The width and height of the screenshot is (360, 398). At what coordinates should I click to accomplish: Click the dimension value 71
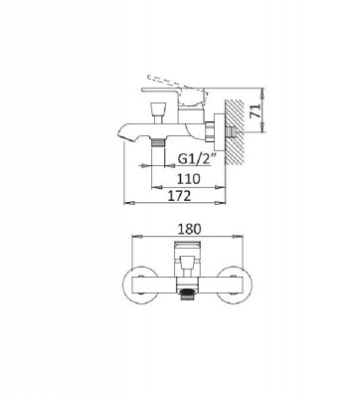pyautogui.click(x=256, y=110)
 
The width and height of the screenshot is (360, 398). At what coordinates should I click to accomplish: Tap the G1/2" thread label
pyautogui.click(x=197, y=159)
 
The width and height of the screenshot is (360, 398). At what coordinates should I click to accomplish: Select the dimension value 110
pyautogui.click(x=188, y=179)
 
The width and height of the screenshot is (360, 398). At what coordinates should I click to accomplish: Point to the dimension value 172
pyautogui.click(x=179, y=196)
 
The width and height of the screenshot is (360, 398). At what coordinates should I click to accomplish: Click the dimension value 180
pyautogui.click(x=189, y=229)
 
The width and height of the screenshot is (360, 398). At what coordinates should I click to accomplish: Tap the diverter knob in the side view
pyautogui.click(x=157, y=112)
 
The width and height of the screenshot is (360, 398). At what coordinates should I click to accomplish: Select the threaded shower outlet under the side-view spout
pyautogui.click(x=158, y=142)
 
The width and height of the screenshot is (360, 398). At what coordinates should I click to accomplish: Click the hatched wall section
pyautogui.click(x=235, y=131)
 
